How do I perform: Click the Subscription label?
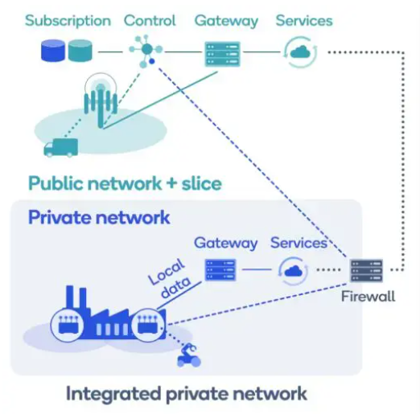click(68, 21)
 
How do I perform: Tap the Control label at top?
click(150, 21)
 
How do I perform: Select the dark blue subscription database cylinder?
click(53, 51)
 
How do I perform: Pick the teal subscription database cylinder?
click(80, 51)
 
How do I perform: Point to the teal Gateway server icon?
click(222, 54)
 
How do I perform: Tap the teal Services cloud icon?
click(300, 52)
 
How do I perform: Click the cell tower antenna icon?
click(101, 100)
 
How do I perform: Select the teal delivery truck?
click(61, 148)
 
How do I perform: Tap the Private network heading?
click(99, 217)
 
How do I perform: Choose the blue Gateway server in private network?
click(220, 270)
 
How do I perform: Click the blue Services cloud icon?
click(293, 271)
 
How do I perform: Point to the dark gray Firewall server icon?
click(367, 270)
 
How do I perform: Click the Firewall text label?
click(368, 297)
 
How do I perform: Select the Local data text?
click(170, 278)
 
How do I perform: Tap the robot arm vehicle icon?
click(189, 355)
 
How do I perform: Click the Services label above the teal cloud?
click(304, 21)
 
